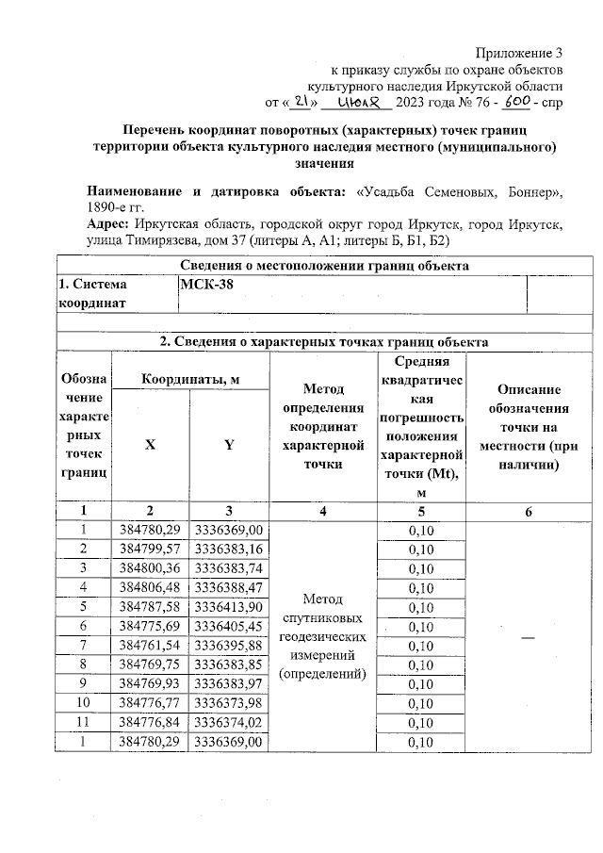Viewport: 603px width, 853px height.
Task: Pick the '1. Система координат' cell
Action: pyautogui.click(x=116, y=293)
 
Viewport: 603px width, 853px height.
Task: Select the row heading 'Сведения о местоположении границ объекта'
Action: pyautogui.click(x=324, y=266)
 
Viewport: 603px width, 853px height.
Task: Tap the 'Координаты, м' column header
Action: pyautogui.click(x=189, y=378)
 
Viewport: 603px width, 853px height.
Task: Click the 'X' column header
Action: pyautogui.click(x=150, y=445)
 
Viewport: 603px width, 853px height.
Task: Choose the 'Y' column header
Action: pyautogui.click(x=228, y=445)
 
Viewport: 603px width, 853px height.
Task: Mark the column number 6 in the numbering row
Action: pyautogui.click(x=529, y=511)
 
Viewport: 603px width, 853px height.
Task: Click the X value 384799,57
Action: pyautogui.click(x=150, y=549)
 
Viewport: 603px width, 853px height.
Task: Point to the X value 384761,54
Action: pyautogui.click(x=150, y=644)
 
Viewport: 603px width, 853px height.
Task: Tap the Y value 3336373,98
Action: pyautogui.click(x=228, y=702)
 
